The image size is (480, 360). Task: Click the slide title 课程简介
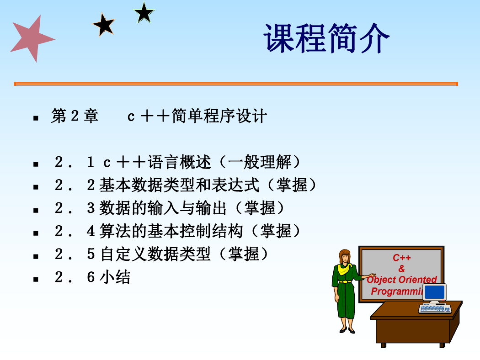tap(326, 38)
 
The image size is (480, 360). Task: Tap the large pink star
tap(32, 39)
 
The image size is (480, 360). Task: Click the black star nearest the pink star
tap(104, 25)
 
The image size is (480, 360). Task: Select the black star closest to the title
tap(144, 13)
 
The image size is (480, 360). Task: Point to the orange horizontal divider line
tap(236, 84)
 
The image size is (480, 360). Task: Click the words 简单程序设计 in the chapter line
tap(219, 116)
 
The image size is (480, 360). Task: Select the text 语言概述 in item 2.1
tap(180, 162)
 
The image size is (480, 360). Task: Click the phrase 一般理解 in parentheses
tap(260, 162)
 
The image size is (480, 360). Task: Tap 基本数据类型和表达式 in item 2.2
tap(179, 185)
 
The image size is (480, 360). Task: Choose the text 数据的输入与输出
tap(163, 208)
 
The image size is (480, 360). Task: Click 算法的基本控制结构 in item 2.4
tap(171, 231)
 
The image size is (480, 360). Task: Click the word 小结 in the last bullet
tap(115, 277)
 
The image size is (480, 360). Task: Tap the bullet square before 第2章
tap(36, 118)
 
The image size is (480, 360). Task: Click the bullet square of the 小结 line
tap(36, 279)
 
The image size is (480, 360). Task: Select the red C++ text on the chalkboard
tap(402, 258)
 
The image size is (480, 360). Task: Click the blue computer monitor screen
tap(435, 292)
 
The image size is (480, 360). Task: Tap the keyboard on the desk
tap(435, 309)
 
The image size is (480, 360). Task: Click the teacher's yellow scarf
tap(344, 269)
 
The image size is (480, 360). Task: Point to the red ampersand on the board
tap(402, 269)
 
